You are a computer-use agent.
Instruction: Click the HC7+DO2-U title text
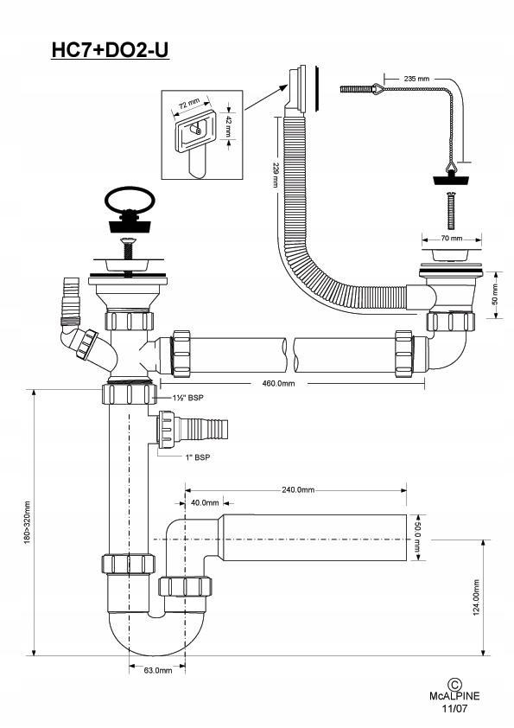[110, 50]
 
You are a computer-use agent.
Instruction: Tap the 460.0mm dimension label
[278, 384]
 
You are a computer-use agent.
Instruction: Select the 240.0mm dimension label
[298, 490]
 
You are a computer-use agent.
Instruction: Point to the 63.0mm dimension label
[158, 670]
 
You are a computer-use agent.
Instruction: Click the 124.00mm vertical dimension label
[477, 597]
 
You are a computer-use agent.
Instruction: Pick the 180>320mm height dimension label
[28, 522]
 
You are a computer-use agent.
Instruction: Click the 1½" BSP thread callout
[187, 398]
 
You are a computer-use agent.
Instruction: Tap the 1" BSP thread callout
[198, 457]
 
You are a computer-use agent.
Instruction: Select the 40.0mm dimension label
[205, 503]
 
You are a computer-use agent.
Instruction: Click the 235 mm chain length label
[416, 79]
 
